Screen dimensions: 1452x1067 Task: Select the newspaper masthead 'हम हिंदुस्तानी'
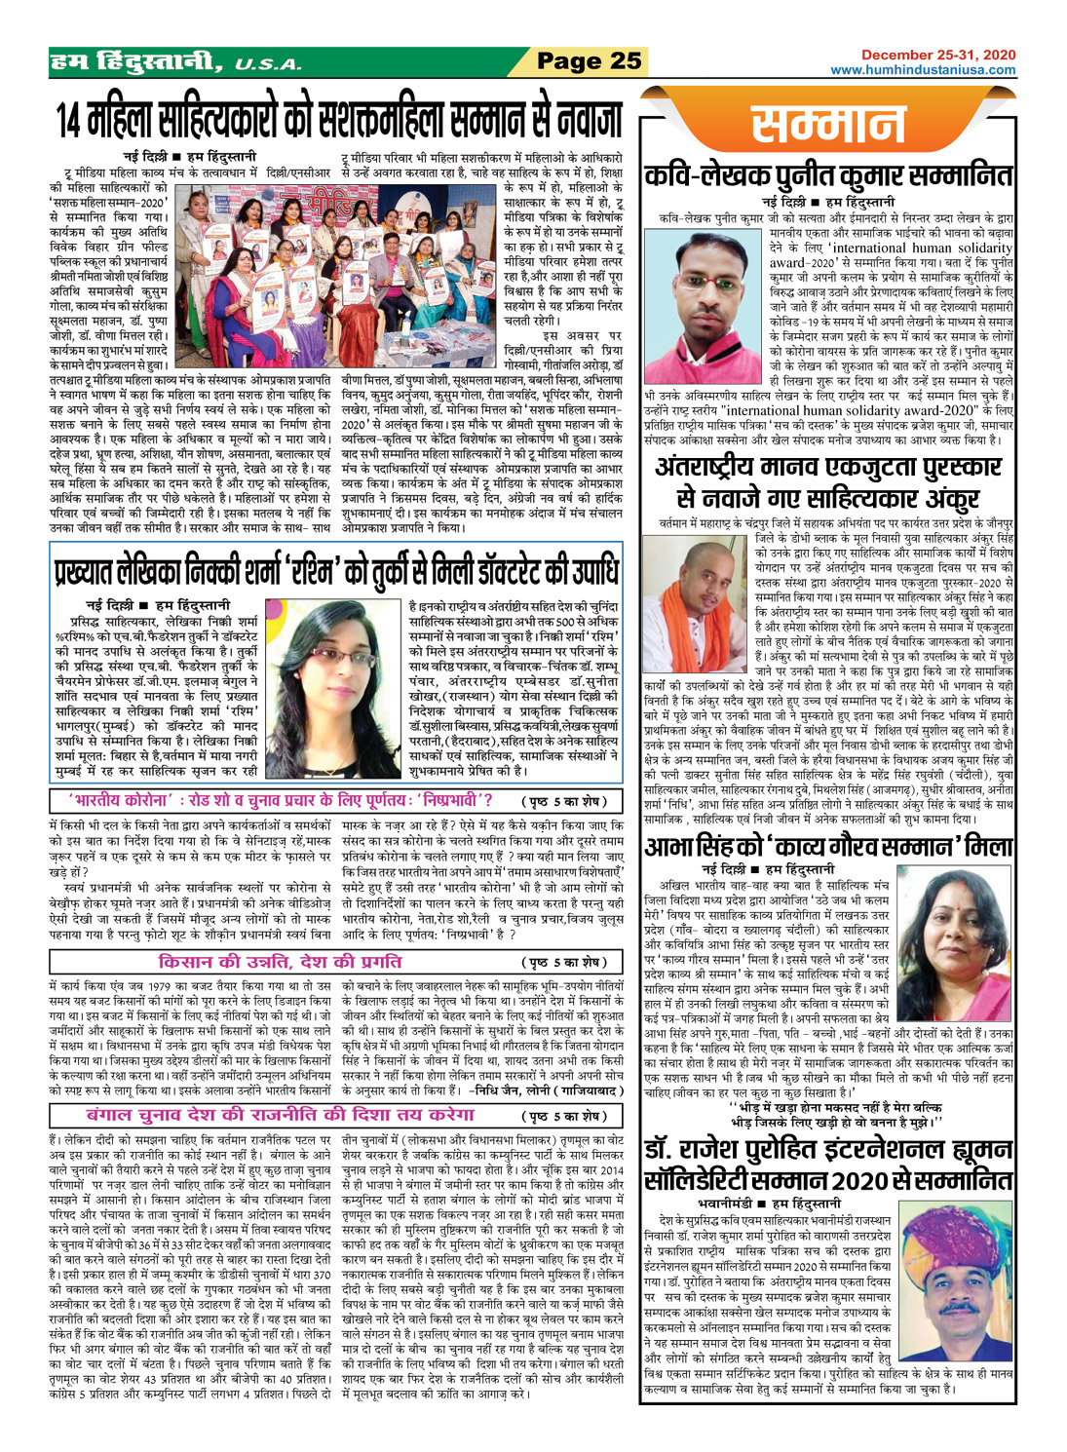(136, 63)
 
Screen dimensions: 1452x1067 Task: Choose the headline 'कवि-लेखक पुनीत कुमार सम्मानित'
(828, 179)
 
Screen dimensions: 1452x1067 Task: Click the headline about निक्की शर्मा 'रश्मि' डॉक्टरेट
(336, 569)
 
